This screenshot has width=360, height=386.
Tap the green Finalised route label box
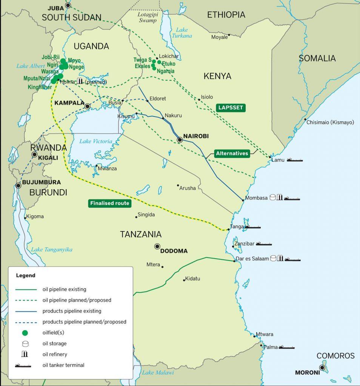pos(110,204)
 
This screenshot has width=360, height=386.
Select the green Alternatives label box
pos(232,153)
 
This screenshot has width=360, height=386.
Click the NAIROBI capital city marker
pos(180,140)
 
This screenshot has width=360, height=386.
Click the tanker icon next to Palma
pos(289,347)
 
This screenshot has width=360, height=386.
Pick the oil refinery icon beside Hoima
pos(80,81)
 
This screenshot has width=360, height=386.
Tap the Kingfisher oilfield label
pos(39,87)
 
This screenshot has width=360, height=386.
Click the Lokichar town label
pos(169,55)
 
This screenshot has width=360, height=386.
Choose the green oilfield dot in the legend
pos(25,333)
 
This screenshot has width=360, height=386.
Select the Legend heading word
pos(26,276)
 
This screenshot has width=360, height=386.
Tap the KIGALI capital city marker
pos(35,154)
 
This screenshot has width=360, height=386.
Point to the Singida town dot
pos(137,217)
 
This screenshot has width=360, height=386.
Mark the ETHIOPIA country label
pos(226,15)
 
